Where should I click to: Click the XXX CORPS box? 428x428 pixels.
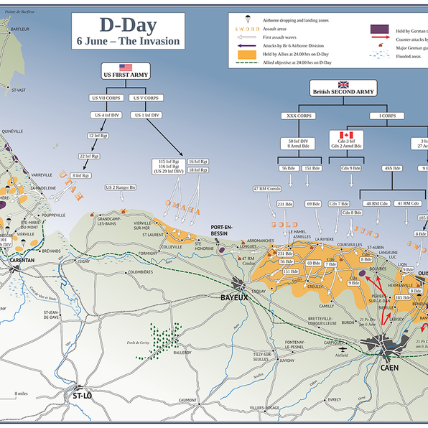(x=300, y=115)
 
